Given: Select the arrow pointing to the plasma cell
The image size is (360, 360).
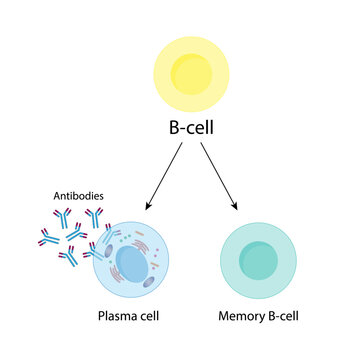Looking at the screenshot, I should coord(165,176).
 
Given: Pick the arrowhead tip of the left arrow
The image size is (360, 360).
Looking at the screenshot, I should coord(146,210).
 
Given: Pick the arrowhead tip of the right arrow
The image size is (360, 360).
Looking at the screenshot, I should coord(238,210).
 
